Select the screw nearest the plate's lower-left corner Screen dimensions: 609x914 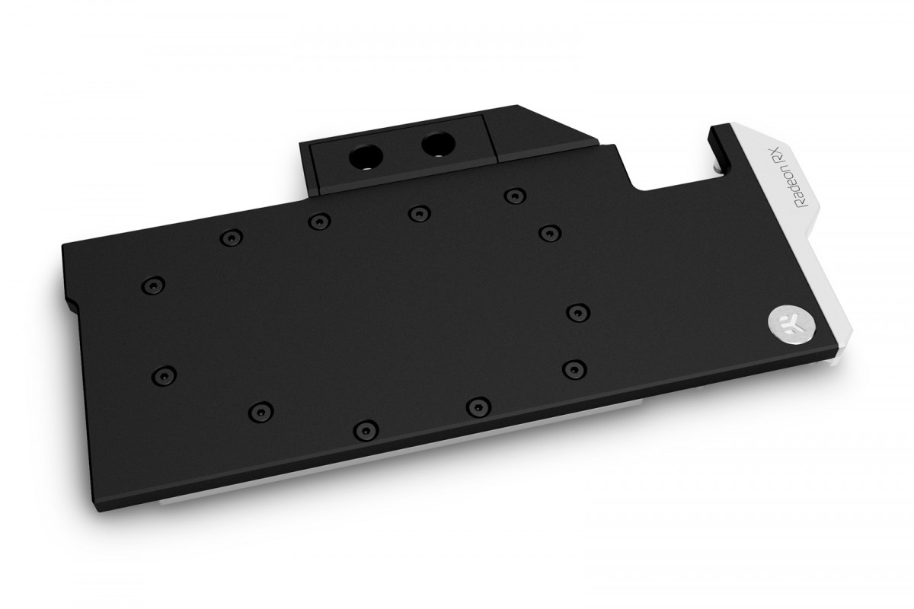pyautogui.click(x=164, y=375)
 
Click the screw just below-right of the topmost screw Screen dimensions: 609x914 pyautogui.click(x=548, y=231)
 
